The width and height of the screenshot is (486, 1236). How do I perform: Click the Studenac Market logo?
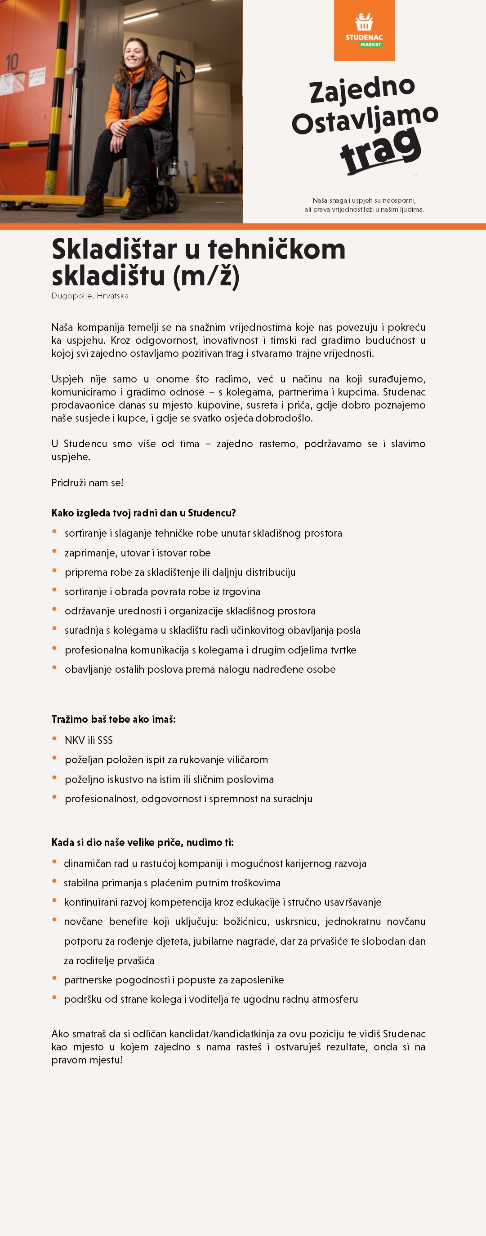[x=364, y=30]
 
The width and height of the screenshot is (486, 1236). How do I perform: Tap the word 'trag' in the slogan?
[x=380, y=150]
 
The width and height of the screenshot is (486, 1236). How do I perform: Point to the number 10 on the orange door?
[x=12, y=62]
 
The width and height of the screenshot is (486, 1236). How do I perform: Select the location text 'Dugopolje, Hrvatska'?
[x=90, y=296]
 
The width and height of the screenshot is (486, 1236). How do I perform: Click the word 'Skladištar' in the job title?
[x=114, y=249]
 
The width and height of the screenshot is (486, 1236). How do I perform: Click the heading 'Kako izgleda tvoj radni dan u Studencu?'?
[x=143, y=513]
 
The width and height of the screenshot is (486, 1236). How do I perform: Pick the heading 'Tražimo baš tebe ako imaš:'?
[x=113, y=719]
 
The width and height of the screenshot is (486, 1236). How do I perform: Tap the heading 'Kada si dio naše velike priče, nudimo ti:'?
[x=143, y=843]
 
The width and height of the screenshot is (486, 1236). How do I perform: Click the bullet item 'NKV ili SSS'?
[x=89, y=740]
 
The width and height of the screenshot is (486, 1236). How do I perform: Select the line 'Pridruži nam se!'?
[x=87, y=483]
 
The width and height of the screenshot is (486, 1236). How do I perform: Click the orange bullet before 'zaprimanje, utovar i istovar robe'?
[x=55, y=551]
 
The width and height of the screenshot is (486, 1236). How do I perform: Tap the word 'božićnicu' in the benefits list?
[x=246, y=922]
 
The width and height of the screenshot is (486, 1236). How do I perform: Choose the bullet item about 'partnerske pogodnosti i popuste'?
[x=174, y=980]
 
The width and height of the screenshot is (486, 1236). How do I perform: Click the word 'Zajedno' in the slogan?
[x=362, y=89]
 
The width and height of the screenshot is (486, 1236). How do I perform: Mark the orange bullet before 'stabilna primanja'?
[x=55, y=881]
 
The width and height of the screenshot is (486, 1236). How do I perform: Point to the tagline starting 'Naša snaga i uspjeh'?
[x=364, y=205]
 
